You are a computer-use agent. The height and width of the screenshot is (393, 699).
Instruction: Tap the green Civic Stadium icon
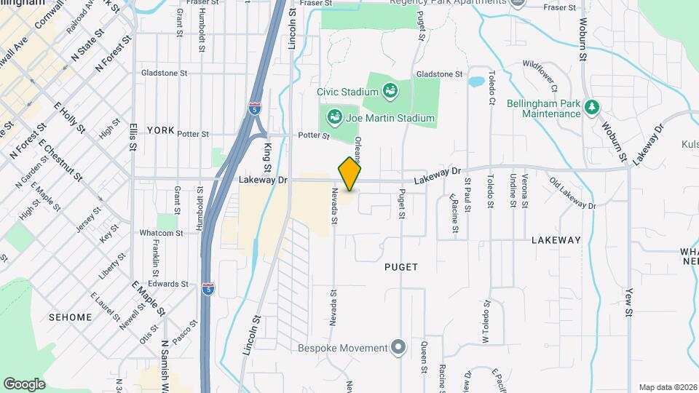(390, 92)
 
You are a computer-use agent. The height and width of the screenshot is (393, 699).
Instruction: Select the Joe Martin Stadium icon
(335, 117)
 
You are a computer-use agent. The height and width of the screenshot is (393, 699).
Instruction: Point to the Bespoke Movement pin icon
(398, 347)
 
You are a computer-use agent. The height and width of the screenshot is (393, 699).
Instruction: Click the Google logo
(24, 384)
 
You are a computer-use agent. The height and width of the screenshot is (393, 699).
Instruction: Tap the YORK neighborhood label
(161, 130)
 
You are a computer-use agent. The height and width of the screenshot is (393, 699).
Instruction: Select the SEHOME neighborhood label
(70, 317)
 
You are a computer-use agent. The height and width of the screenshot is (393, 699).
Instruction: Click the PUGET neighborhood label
(401, 267)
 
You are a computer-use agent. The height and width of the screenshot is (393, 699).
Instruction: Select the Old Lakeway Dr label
(573, 194)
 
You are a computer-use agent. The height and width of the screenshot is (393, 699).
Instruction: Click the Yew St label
(629, 301)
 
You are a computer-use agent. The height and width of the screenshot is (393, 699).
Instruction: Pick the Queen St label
(424, 357)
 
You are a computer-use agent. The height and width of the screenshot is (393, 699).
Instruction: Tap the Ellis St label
(133, 136)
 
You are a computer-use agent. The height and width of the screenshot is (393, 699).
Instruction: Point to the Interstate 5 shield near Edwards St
(209, 288)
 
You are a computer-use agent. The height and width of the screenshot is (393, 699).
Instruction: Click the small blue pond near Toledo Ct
(476, 82)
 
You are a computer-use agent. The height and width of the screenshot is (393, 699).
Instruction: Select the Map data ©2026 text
(667, 387)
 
